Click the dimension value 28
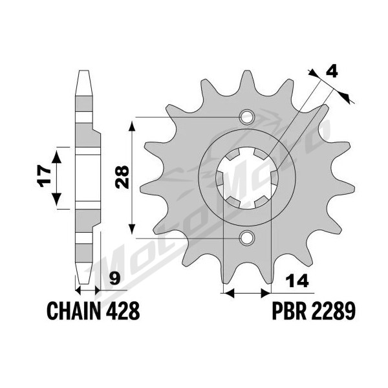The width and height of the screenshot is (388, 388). [x=123, y=177]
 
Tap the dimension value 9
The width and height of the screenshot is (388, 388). [x=114, y=278]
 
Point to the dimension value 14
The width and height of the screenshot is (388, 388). [x=297, y=281]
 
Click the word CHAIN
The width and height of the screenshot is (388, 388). [x=74, y=310]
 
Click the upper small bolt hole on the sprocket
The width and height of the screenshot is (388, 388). [x=247, y=117]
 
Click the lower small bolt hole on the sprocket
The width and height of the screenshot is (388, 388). [x=247, y=238]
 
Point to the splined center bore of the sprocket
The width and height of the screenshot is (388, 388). [x=247, y=178]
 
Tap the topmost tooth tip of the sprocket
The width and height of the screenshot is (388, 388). [x=247, y=72]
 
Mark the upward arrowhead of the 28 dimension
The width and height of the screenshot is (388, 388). [x=132, y=126]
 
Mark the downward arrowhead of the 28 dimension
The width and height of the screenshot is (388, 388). [x=132, y=229]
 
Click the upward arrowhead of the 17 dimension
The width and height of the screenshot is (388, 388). [x=57, y=157]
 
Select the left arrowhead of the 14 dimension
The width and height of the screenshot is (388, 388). [x=228, y=293]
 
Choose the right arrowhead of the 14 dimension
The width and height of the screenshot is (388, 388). [x=266, y=293]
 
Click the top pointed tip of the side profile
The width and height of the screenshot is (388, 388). [x=83, y=71]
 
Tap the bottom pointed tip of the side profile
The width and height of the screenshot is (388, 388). [x=83, y=283]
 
